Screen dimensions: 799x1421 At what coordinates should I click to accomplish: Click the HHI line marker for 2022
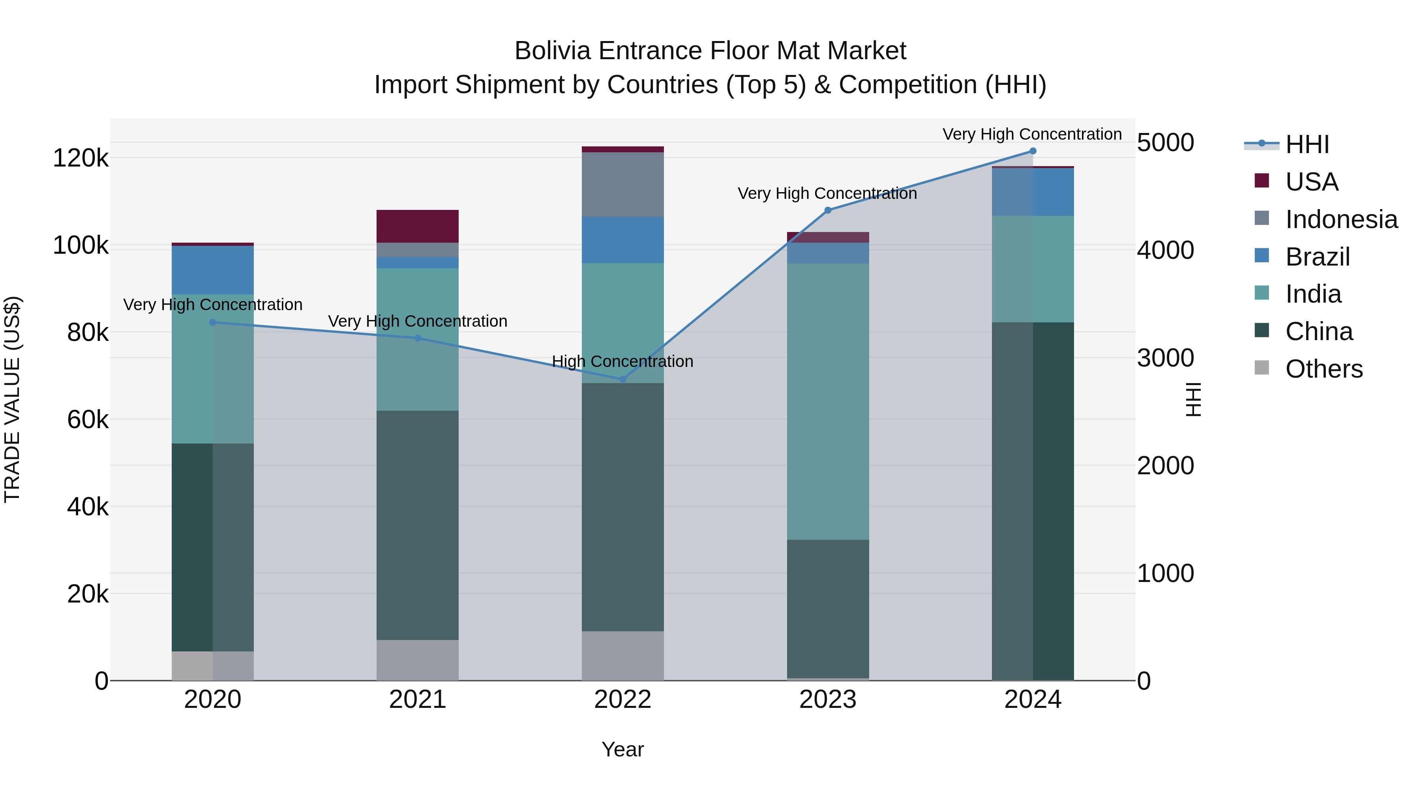tap(623, 379)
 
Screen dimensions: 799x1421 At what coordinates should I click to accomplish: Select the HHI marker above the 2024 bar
tap(1033, 151)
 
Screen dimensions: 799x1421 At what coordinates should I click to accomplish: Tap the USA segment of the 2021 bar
tap(418, 226)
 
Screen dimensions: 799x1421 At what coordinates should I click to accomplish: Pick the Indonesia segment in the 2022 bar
tap(623, 184)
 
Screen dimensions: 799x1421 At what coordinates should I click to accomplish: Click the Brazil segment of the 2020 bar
tap(212, 270)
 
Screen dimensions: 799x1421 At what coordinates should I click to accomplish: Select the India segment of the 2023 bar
tap(827, 401)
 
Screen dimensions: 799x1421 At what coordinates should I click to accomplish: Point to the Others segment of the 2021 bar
tap(418, 660)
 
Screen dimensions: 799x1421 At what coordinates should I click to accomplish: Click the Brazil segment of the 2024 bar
tap(1033, 192)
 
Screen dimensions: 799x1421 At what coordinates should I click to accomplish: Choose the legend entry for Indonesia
tap(1340, 219)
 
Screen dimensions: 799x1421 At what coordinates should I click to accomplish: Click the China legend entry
tap(1318, 331)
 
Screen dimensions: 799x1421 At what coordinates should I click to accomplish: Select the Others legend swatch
tap(1262, 368)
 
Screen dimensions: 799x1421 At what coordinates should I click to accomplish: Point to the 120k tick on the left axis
tap(81, 159)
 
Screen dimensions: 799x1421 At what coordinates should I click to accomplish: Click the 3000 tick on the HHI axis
tap(1165, 358)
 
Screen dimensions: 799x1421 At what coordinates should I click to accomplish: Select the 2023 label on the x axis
tap(827, 700)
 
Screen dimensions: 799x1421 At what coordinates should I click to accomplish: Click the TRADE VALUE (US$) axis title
tap(12, 399)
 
